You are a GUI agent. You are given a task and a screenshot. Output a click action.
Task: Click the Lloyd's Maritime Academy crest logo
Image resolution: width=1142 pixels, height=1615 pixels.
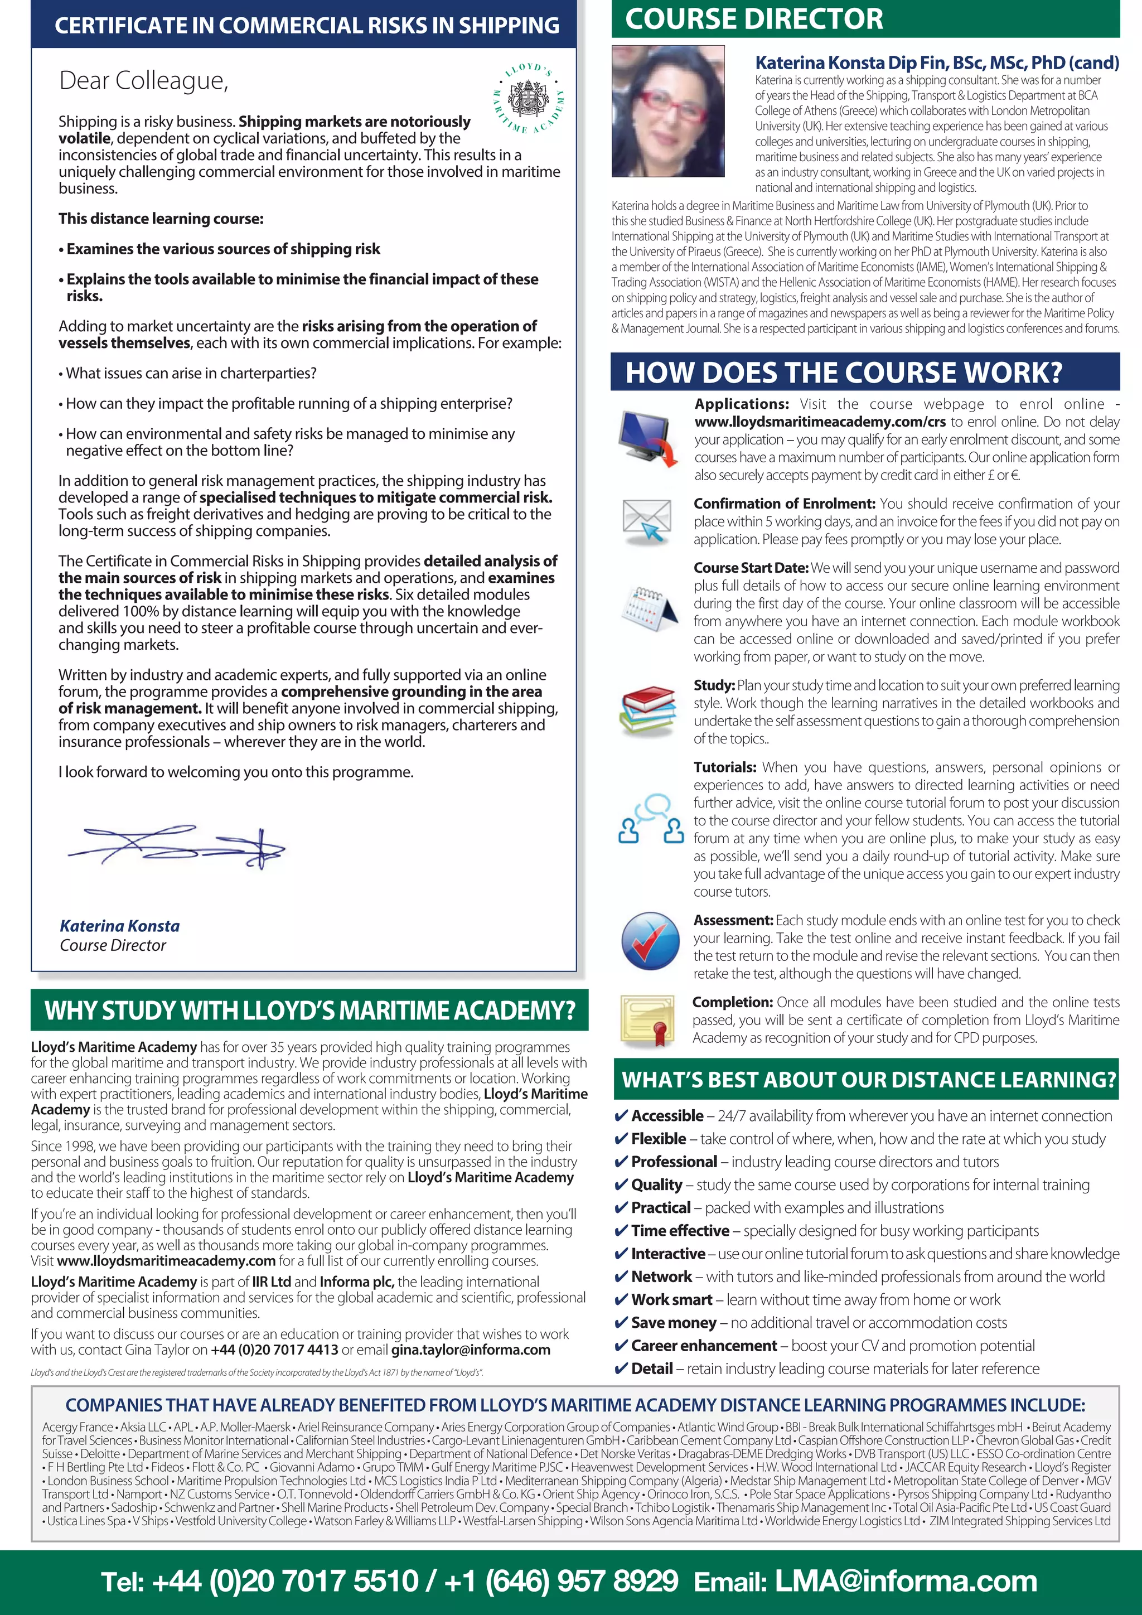point(528,99)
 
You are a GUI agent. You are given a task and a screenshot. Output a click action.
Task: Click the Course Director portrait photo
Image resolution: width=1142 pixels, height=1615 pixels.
point(667,111)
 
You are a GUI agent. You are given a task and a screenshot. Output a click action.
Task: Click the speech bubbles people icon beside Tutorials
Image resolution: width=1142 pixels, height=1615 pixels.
point(651,819)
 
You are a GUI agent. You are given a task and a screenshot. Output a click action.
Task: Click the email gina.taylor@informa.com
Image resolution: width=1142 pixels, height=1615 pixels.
point(471,1350)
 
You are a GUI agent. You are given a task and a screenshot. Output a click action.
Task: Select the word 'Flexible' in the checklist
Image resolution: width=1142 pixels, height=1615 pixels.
point(658,1139)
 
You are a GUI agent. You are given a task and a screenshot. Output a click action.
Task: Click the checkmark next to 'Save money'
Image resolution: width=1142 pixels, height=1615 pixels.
point(621,1323)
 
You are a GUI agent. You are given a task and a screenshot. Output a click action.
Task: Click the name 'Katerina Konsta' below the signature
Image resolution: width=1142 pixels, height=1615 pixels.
point(119,926)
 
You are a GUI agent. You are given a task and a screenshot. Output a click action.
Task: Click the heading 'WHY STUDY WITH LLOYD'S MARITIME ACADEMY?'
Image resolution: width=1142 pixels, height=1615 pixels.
point(309,1011)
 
